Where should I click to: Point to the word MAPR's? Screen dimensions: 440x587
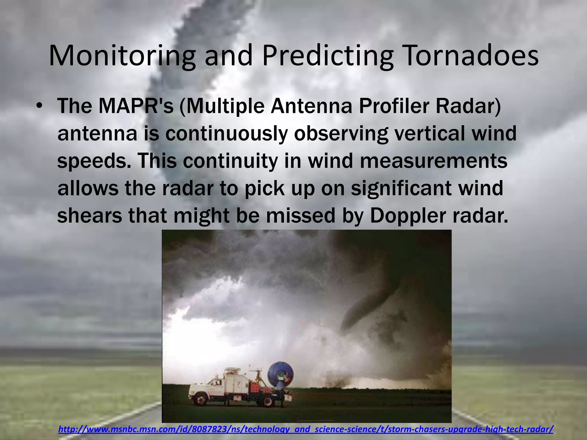[x=136, y=106]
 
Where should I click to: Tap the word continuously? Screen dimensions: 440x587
[x=226, y=133]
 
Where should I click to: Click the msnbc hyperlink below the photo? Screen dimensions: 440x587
[x=306, y=429]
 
